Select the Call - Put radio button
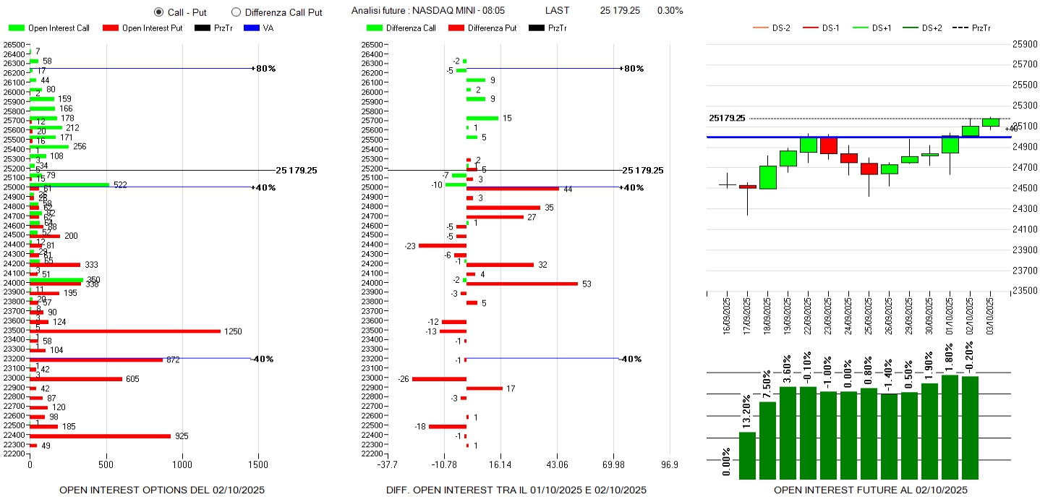click(159, 12)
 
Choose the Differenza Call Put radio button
click(236, 12)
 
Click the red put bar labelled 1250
click(124, 331)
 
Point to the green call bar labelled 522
click(69, 184)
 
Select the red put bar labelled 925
click(100, 436)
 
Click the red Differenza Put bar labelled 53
click(521, 284)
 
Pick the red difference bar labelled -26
click(439, 378)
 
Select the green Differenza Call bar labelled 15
click(482, 118)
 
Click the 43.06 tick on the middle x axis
click(557, 464)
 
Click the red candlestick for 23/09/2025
click(828, 145)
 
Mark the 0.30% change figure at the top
click(670, 11)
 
